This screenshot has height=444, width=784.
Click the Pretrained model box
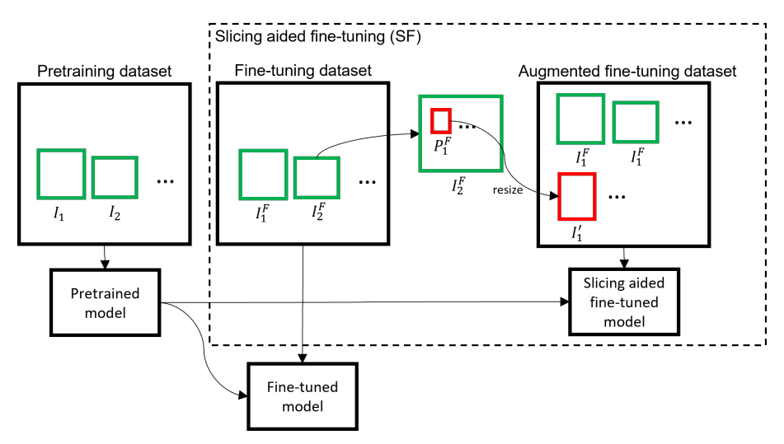pyautogui.click(x=104, y=301)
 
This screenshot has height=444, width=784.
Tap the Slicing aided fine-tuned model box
pyautogui.click(x=622, y=301)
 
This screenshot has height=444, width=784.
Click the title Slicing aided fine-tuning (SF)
pyautogui.click(x=318, y=37)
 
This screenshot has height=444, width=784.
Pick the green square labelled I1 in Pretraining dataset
pyautogui.click(x=60, y=174)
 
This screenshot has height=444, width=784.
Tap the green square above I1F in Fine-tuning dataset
pyautogui.click(x=263, y=174)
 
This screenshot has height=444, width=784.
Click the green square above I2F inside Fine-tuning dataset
pyautogui.click(x=316, y=178)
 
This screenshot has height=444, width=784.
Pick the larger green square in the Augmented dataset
pyautogui.click(x=580, y=119)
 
